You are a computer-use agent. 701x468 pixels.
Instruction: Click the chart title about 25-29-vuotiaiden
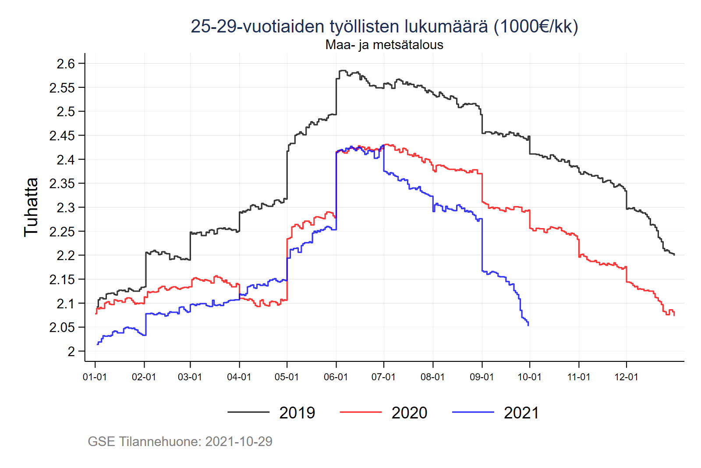point(384,26)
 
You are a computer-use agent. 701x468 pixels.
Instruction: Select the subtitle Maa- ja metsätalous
point(384,45)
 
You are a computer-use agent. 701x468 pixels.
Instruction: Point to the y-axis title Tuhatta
point(31,207)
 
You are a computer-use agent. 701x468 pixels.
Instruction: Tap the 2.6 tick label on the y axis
point(66,64)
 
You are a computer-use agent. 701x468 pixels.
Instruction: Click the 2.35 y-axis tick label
point(62,183)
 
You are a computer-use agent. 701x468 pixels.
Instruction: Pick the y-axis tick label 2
point(71,351)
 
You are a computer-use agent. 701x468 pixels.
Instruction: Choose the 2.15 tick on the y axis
point(62,279)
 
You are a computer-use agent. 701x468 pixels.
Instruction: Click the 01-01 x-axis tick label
point(95,377)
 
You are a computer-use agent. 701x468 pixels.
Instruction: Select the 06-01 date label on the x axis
point(336,377)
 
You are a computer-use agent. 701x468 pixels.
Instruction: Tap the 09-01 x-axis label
point(481,377)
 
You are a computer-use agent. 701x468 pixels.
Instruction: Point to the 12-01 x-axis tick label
point(626,377)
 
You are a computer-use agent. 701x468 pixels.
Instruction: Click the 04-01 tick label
point(239,377)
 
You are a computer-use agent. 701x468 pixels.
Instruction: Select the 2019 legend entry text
point(297,413)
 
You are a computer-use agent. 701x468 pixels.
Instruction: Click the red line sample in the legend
point(361,412)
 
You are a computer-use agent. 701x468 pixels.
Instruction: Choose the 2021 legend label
point(521,413)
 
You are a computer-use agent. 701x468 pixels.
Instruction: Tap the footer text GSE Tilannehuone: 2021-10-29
point(180,441)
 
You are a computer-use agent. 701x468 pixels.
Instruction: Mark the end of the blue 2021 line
point(528,325)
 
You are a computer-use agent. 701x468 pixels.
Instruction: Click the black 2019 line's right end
point(674,255)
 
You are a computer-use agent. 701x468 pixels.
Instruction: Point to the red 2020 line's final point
point(674,314)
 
